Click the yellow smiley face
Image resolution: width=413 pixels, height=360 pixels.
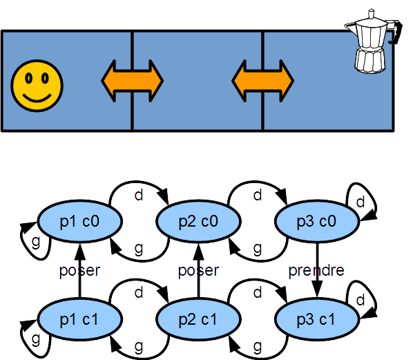37,86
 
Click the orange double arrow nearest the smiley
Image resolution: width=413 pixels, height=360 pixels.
132,81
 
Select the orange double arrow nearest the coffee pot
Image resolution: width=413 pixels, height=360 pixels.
263,81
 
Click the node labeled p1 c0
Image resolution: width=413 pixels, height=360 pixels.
80,221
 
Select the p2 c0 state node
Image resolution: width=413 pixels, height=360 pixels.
198,221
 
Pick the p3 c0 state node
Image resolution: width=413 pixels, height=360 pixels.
317,221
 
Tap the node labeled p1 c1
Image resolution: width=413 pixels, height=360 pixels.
80,319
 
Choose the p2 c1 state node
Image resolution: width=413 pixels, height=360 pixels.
198,319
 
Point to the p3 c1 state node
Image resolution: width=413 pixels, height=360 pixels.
317,319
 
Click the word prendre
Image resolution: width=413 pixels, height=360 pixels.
316,271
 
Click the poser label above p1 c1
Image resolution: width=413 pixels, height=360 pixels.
80,271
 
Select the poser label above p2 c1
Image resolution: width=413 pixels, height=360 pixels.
199,271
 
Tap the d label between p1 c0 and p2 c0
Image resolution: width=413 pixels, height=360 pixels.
139,196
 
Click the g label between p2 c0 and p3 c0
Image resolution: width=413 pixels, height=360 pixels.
258,249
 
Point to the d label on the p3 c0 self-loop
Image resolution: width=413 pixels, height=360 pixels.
361,202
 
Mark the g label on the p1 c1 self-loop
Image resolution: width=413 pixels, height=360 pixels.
36,339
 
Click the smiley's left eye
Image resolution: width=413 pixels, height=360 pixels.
28,78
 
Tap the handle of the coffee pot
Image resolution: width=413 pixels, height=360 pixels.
395,32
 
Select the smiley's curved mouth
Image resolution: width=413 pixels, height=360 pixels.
37,98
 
